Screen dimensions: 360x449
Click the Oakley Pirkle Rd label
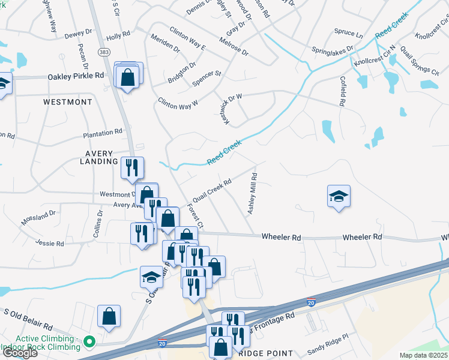[76, 76]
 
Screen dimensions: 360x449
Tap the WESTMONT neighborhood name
[68, 102]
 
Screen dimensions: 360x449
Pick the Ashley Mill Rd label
[253, 194]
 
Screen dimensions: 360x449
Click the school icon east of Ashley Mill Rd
[339, 196]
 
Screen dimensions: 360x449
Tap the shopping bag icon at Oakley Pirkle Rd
[128, 77]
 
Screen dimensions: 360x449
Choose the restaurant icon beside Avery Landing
[132, 167]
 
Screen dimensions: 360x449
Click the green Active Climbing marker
[90, 343]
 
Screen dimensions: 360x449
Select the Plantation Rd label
[103, 131]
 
